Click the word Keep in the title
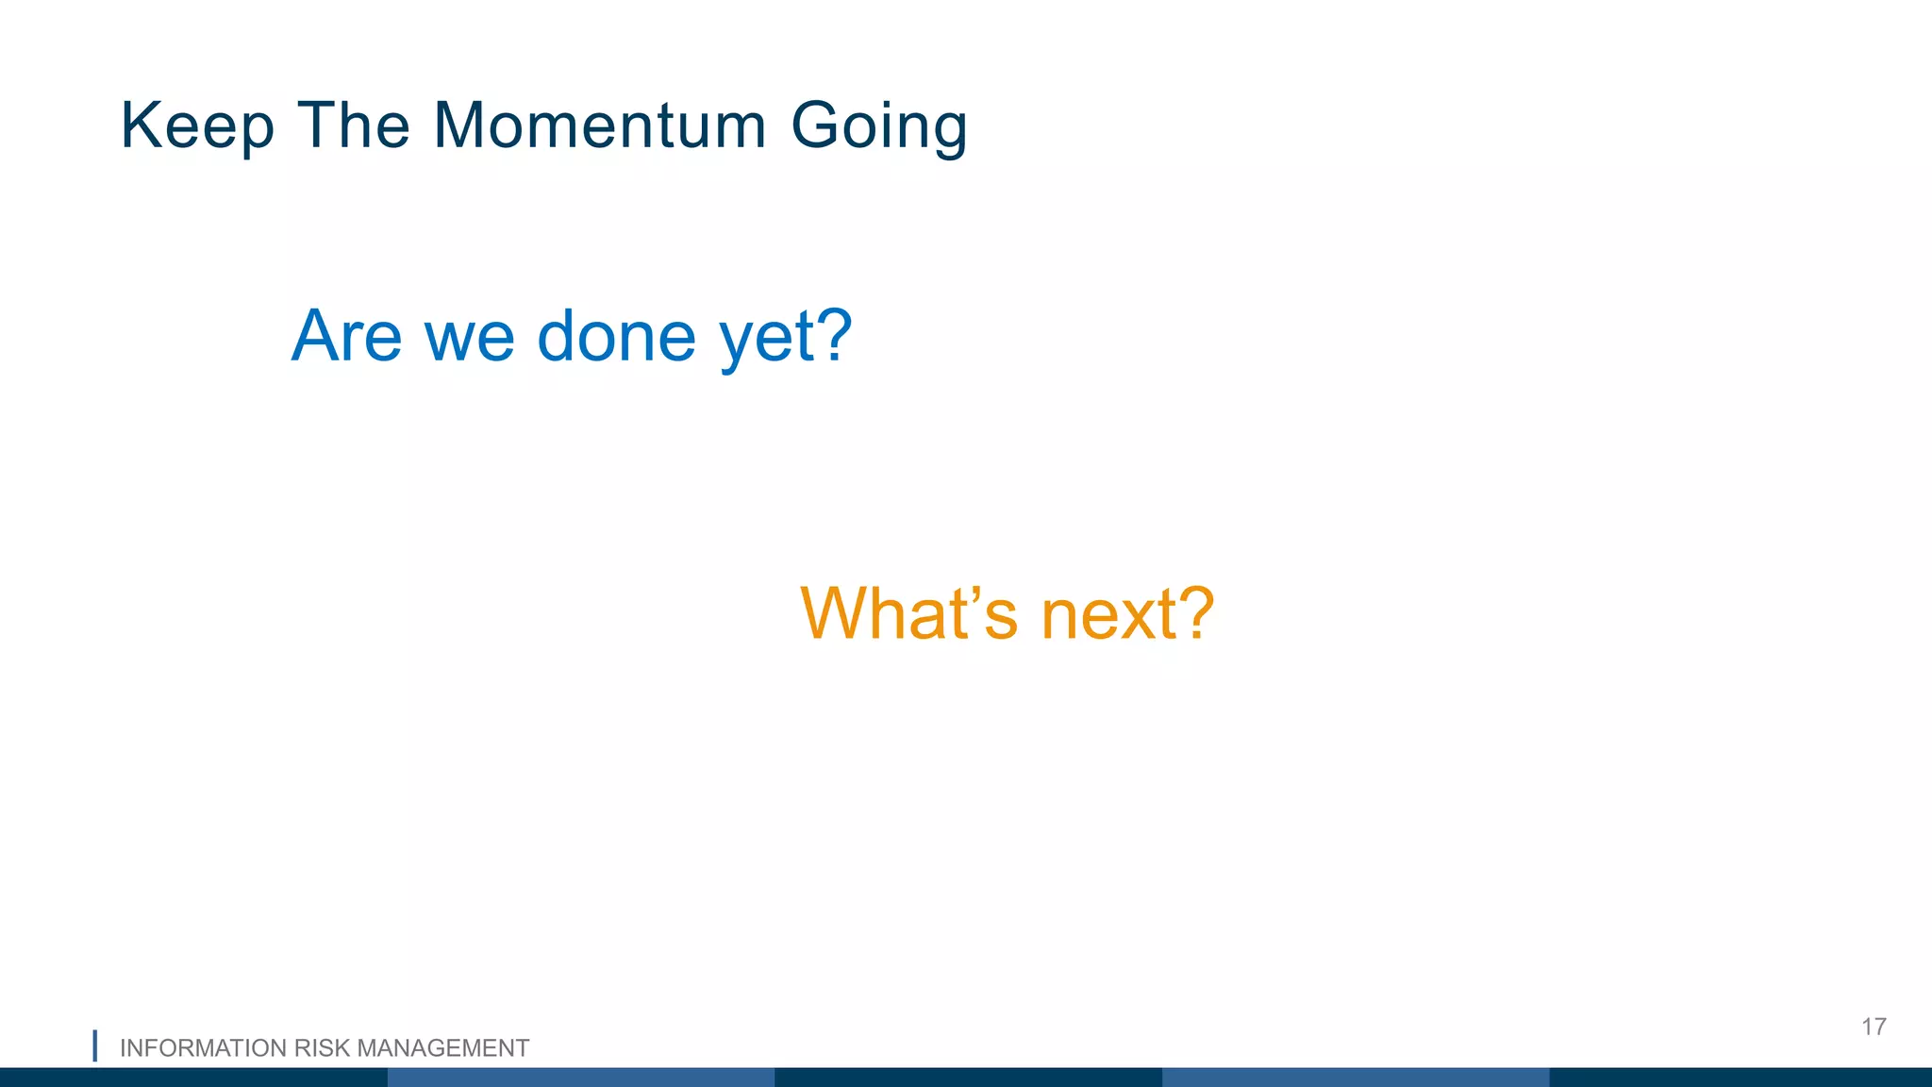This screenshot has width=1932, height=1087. (197, 125)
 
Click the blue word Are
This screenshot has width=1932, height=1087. (346, 336)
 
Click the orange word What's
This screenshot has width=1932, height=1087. (908, 613)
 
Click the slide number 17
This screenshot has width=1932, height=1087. (1874, 1027)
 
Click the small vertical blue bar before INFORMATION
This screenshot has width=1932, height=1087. (94, 1045)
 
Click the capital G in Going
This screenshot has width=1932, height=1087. (816, 125)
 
